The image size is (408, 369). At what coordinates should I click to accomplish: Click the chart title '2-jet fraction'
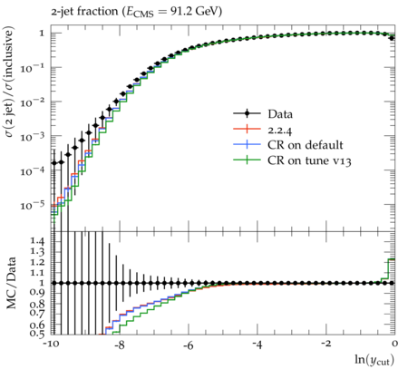(x=84, y=12)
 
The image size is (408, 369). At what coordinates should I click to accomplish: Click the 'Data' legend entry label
(x=280, y=114)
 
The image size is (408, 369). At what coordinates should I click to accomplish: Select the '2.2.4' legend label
(x=280, y=130)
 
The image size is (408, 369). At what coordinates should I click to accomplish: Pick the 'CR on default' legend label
(x=306, y=145)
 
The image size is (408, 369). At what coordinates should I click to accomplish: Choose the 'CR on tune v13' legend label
(x=309, y=160)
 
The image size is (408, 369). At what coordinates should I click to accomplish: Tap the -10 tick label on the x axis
(x=51, y=344)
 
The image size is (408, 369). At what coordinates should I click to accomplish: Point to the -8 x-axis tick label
(x=120, y=344)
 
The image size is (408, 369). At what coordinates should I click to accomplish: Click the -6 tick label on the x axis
(x=189, y=344)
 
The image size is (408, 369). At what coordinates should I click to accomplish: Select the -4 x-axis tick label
(x=257, y=344)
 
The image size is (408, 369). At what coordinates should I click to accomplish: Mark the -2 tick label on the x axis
(x=325, y=344)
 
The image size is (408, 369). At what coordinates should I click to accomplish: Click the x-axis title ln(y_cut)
(x=374, y=360)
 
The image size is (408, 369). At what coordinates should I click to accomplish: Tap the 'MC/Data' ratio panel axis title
(x=11, y=283)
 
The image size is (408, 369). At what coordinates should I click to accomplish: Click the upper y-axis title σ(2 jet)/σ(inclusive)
(x=9, y=82)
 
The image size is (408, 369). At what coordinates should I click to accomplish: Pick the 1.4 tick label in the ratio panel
(x=37, y=241)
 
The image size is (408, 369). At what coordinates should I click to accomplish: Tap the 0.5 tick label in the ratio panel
(x=37, y=333)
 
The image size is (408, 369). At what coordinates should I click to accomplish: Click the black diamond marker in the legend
(x=247, y=113)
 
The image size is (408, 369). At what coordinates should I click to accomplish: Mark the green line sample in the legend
(x=247, y=160)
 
